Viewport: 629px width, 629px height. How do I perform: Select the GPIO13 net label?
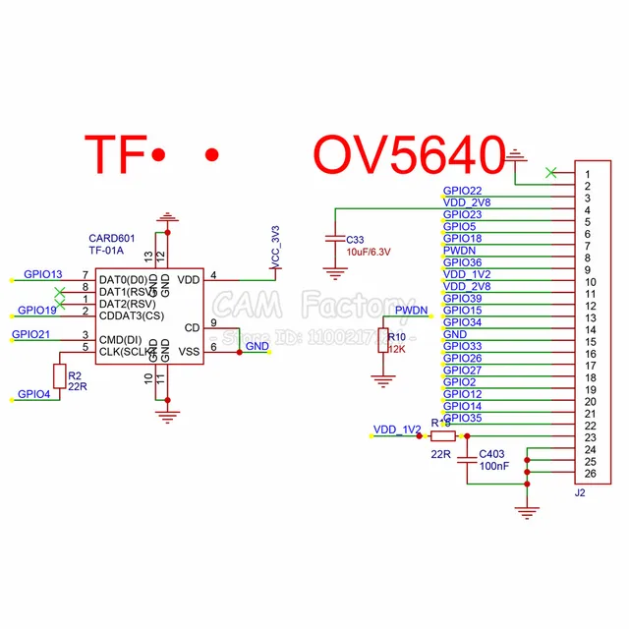point(43,274)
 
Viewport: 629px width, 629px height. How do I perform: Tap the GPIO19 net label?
point(37,311)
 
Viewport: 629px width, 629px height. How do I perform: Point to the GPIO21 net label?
point(31,335)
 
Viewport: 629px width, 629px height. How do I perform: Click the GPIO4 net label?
point(34,394)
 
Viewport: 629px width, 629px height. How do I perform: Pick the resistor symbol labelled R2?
point(59,375)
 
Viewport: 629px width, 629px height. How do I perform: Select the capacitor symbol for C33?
point(336,239)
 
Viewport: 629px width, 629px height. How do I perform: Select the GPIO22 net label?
point(463,191)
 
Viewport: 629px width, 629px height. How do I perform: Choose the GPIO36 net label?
point(463,262)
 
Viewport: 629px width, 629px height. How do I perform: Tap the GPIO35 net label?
point(463,418)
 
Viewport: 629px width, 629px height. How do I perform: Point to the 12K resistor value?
point(398,349)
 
